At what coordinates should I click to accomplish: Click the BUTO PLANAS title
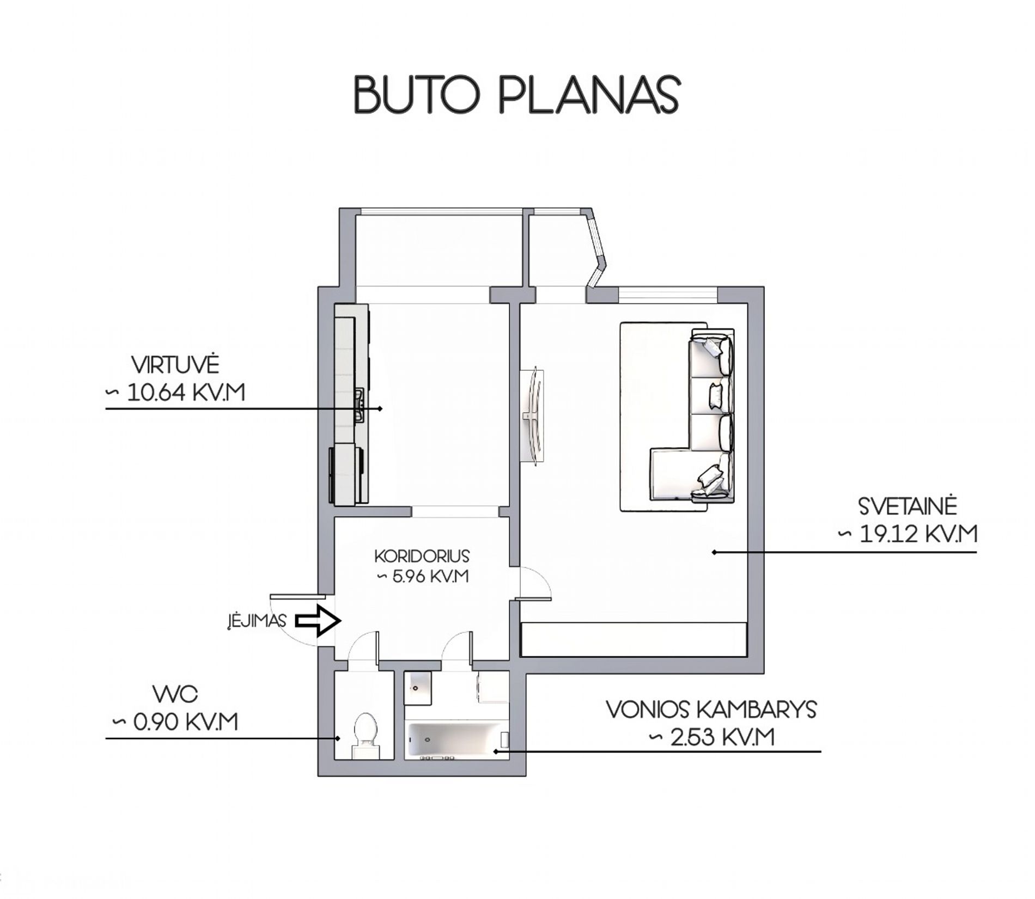tap(516, 95)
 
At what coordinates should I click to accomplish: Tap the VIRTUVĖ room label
tap(175, 365)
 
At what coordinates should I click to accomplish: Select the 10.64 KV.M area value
tap(185, 393)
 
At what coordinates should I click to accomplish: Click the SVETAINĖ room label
tap(908, 506)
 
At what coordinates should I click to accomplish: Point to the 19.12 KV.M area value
tap(918, 534)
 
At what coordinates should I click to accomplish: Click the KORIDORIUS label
tap(422, 556)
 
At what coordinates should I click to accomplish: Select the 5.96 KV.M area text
tap(430, 576)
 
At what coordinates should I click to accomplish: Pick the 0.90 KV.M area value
tap(185, 723)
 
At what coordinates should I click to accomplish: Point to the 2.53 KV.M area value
tap(722, 737)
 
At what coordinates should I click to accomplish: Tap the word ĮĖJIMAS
tap(257, 621)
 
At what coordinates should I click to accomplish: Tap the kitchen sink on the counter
tap(359, 405)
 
